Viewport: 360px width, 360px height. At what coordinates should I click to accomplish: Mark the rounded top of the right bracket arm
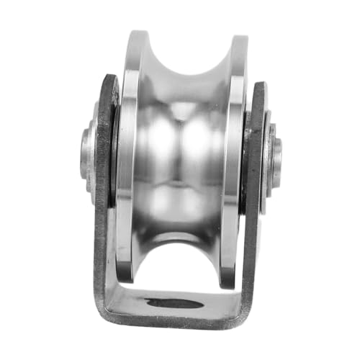pos(258,85)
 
